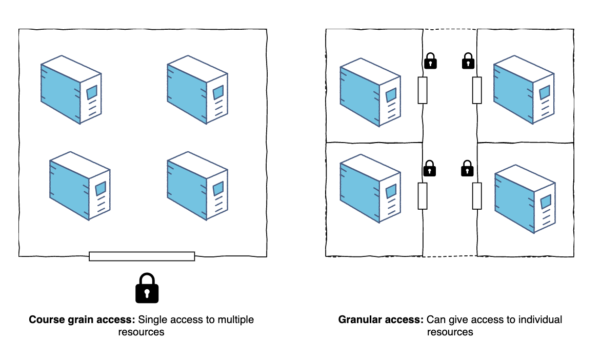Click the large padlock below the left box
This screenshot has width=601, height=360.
[x=147, y=288]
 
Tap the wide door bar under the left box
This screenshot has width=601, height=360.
[x=142, y=256]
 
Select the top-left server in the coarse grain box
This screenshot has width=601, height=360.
[x=71, y=90]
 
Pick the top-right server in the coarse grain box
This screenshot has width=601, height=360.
[x=197, y=90]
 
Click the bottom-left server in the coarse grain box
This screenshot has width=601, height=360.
[x=79, y=186]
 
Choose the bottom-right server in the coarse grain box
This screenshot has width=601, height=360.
[x=197, y=186]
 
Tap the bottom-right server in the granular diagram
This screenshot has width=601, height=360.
[x=525, y=201]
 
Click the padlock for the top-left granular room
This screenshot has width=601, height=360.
[x=430, y=61]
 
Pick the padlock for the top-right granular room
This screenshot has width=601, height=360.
[x=468, y=61]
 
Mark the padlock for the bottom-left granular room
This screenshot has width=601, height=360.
[x=430, y=168]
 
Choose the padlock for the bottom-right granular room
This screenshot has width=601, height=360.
[x=467, y=168]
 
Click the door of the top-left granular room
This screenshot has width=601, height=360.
[x=423, y=90]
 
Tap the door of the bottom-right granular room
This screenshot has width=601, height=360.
[x=477, y=195]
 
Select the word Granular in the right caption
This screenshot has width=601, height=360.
[x=358, y=320]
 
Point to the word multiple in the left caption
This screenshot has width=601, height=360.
[x=236, y=320]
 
